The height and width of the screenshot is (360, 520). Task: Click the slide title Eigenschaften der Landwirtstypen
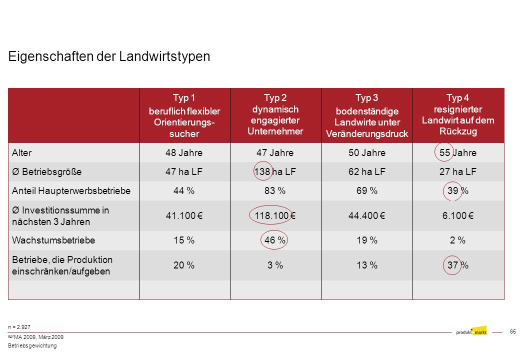coord(109,56)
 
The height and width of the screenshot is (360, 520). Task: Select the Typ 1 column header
coord(184,115)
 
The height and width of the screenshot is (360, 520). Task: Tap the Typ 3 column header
coord(367,115)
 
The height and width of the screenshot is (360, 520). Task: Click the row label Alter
coord(22,153)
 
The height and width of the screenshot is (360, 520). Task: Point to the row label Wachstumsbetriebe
coord(53,240)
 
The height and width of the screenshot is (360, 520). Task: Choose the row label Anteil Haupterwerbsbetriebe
coord(71,191)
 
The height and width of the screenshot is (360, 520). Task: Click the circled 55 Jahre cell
coord(457,153)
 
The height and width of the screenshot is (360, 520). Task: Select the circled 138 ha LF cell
coord(275,171)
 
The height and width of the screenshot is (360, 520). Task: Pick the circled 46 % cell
coord(275,240)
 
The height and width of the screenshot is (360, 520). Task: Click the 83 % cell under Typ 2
coord(275,191)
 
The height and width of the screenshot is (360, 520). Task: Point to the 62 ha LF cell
coord(367,171)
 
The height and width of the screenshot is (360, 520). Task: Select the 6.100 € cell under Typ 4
coord(457,216)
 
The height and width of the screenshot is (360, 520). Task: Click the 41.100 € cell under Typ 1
coord(184,216)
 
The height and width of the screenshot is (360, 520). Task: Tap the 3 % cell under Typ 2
coord(275,265)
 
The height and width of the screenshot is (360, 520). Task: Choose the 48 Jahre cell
coord(184,153)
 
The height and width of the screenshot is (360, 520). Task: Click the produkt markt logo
coord(471,331)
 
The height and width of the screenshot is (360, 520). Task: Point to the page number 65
coord(512,331)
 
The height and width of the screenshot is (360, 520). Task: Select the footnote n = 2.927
coord(19,327)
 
